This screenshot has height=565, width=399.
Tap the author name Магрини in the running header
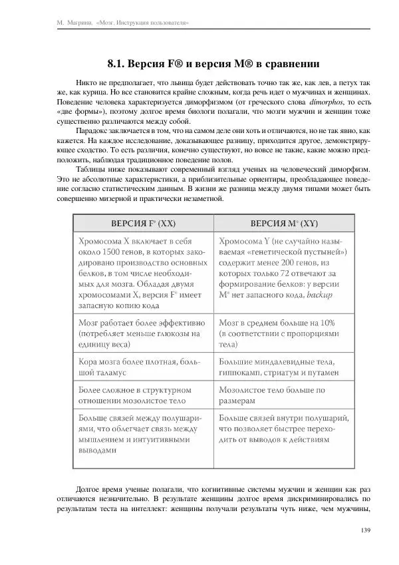(x=78, y=23)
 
